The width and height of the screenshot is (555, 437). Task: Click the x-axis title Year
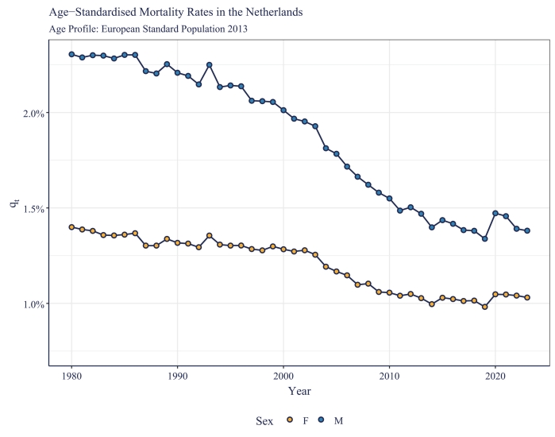coord(299,391)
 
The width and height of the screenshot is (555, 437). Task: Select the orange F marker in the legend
coord(289,420)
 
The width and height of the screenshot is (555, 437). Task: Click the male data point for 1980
coord(71,54)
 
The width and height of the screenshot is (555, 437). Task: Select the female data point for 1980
coord(71,227)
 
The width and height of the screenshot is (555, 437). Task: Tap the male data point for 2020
coord(495,213)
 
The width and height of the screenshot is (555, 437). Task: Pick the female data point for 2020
coord(495,294)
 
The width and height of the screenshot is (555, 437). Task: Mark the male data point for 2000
coord(283,110)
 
